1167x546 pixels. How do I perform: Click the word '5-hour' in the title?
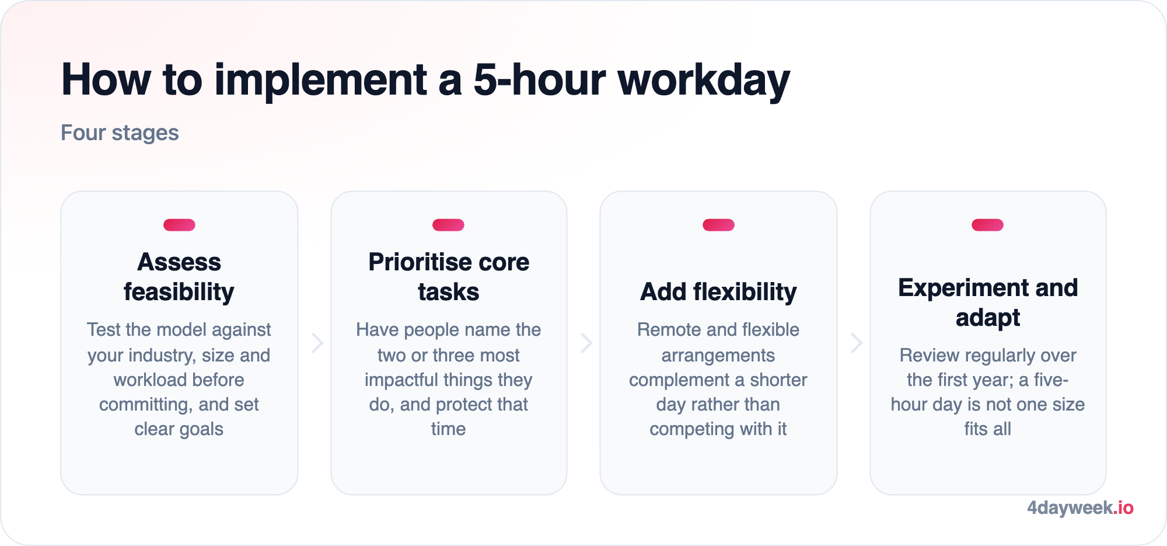point(539,79)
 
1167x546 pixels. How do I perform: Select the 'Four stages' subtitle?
point(120,133)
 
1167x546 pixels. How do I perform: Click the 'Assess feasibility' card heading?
point(179,277)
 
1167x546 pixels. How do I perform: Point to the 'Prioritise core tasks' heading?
point(449,277)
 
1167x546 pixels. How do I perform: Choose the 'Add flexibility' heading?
point(718,292)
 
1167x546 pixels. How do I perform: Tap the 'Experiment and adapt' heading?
point(988,302)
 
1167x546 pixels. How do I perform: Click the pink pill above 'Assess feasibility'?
point(179,225)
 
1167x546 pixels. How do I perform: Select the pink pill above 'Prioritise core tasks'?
point(449,225)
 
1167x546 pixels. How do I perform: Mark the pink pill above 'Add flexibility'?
point(718,225)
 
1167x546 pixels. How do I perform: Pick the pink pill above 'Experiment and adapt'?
point(988,225)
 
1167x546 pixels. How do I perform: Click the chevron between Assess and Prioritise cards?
point(317,343)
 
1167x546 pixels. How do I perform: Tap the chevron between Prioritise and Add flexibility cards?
point(587,343)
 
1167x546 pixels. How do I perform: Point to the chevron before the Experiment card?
point(857,343)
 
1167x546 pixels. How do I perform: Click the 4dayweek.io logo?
point(1080,508)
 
